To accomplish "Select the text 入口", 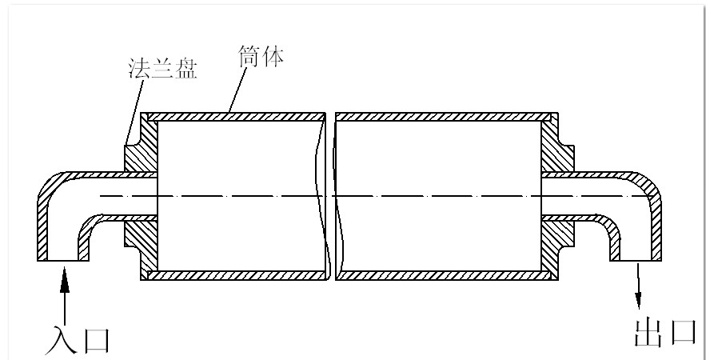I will (x=77, y=338).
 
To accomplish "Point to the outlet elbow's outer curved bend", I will (x=651, y=186).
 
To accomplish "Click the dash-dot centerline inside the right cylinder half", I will (x=440, y=196).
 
